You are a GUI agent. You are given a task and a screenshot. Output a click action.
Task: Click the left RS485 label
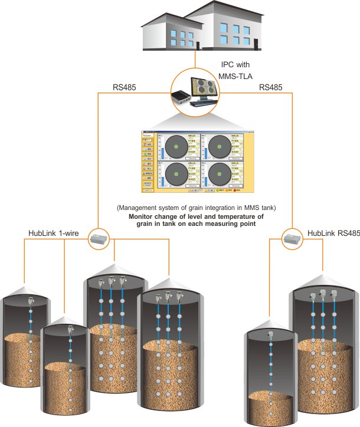coord(125,87)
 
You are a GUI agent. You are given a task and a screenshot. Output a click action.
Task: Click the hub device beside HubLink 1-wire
coord(97,239)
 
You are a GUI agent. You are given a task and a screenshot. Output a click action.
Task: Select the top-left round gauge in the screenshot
coord(175,146)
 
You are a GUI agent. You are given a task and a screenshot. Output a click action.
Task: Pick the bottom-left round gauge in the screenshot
coord(175,175)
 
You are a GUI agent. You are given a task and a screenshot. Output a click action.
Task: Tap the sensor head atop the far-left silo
coord(31,303)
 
